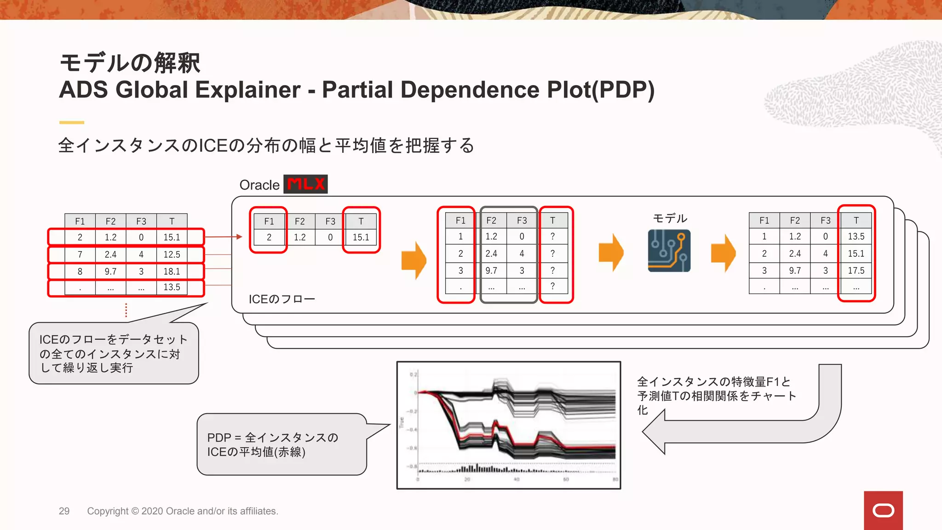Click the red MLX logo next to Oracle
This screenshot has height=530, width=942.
tap(305, 184)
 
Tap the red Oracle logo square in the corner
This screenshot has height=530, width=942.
tap(883, 510)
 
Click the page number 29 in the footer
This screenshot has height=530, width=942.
tap(64, 511)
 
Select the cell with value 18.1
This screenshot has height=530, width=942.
tap(172, 271)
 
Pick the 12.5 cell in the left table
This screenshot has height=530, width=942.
tap(172, 254)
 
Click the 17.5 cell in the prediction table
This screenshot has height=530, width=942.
tap(856, 271)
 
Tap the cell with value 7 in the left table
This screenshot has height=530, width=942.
tap(80, 254)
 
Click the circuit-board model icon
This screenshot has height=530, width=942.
tap(669, 251)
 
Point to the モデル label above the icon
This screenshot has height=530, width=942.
tap(670, 218)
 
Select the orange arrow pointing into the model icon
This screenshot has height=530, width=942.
tap(611, 253)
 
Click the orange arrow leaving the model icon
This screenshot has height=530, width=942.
tap(724, 253)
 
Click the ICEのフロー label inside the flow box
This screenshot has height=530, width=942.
tap(281, 299)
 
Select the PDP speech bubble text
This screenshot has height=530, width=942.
tap(272, 444)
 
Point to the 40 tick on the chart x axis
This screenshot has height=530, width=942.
tap(517, 479)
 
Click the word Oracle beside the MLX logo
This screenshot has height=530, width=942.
tap(259, 185)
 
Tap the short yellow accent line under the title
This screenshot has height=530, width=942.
tap(72, 122)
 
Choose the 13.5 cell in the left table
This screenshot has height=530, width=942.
tap(172, 287)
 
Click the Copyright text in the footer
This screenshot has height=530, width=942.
tap(183, 511)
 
